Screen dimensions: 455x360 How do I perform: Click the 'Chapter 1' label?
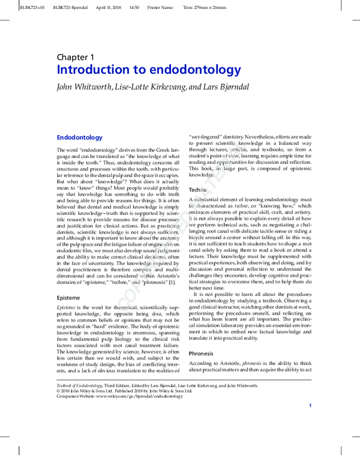tap(76, 57)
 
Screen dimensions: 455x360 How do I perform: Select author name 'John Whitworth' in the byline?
tap(83, 86)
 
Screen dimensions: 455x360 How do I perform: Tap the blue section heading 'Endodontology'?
tap(79, 137)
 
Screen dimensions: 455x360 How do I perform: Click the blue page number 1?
tap(310, 406)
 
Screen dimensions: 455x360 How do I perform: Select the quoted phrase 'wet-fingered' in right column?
tap(208, 137)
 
